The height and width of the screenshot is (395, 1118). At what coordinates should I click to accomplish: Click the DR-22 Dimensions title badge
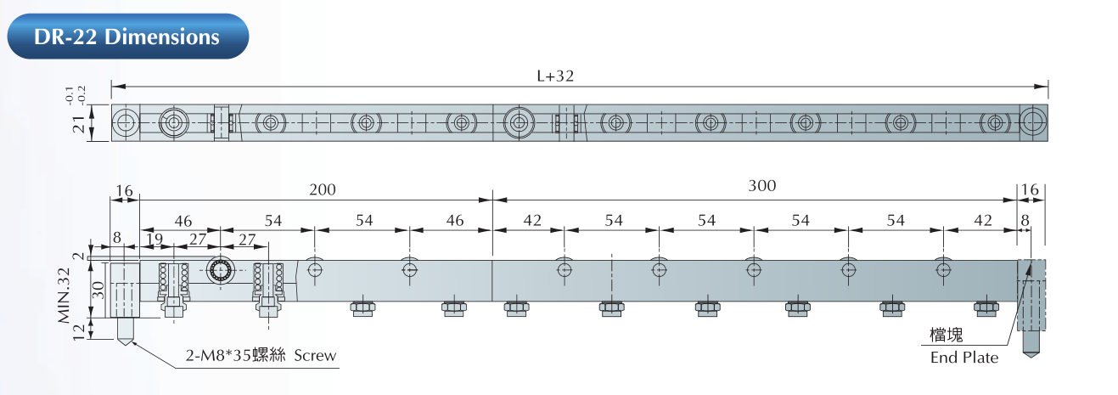click(128, 36)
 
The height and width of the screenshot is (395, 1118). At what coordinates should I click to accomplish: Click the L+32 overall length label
click(555, 76)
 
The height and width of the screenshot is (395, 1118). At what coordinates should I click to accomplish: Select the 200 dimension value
click(323, 189)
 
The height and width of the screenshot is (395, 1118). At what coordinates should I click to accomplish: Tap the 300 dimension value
click(761, 186)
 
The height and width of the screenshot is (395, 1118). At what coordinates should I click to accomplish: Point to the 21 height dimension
click(79, 123)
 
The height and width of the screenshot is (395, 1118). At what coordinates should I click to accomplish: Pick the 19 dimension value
click(154, 240)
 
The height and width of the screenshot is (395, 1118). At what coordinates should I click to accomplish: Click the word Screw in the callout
click(315, 355)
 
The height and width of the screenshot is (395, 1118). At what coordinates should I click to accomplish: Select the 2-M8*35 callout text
click(219, 355)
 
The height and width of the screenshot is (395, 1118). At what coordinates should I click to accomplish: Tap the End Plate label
click(964, 357)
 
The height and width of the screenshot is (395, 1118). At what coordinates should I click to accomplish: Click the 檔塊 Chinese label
click(947, 335)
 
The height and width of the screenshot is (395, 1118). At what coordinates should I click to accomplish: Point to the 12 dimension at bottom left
click(79, 331)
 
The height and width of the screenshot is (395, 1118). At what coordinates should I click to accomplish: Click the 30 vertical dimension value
click(98, 290)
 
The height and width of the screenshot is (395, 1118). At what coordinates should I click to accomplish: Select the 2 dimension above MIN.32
click(79, 257)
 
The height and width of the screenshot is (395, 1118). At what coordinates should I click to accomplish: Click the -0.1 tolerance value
click(70, 95)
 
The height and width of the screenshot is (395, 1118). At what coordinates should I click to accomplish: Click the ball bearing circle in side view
click(220, 270)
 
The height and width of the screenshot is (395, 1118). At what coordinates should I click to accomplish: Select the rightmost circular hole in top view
click(1032, 122)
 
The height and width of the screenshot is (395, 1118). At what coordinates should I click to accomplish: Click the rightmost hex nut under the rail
click(986, 308)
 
